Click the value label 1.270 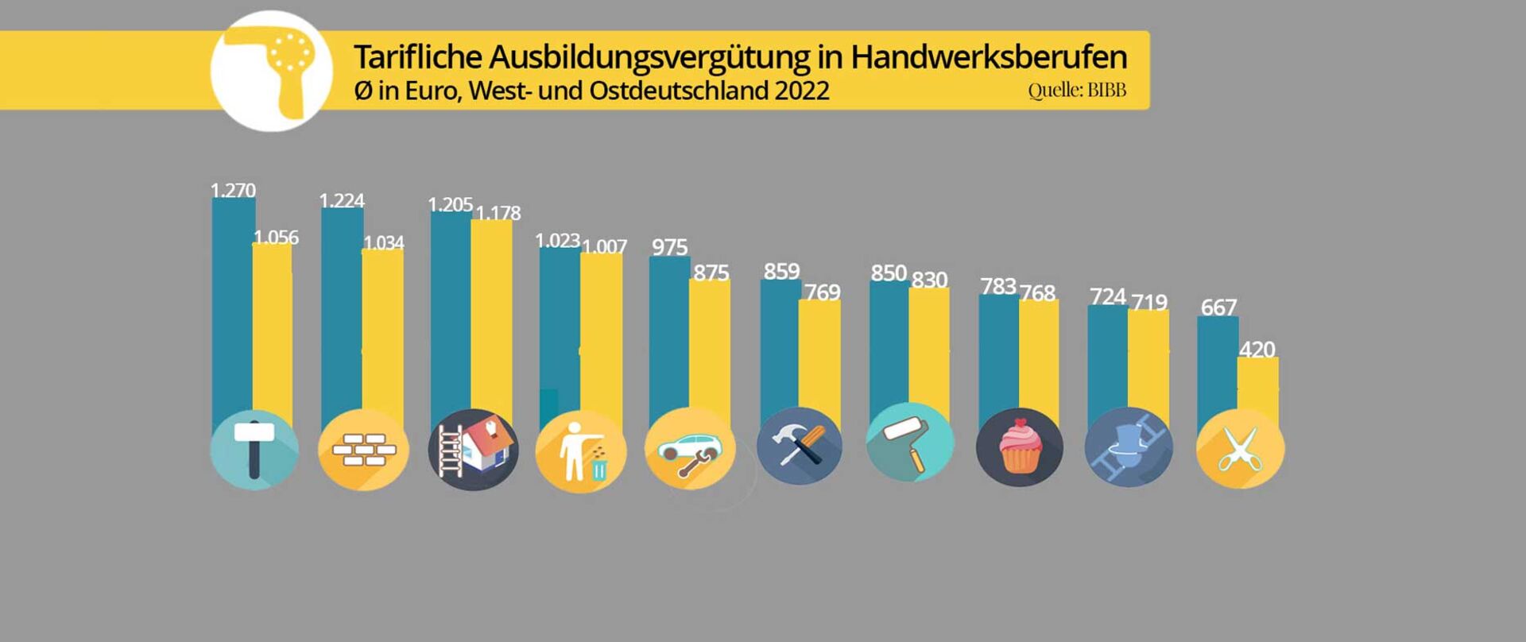click(x=233, y=191)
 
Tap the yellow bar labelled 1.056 click(x=273, y=334)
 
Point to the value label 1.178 click(x=498, y=213)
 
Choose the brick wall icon click(x=363, y=451)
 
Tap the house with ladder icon click(x=473, y=450)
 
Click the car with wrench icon click(x=689, y=450)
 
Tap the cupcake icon click(x=1020, y=447)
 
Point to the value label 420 click(x=1257, y=350)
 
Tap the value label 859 click(x=781, y=272)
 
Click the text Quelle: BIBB click(x=1077, y=91)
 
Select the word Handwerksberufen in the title click(x=989, y=57)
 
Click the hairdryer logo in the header click(x=272, y=72)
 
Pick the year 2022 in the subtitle click(x=802, y=91)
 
